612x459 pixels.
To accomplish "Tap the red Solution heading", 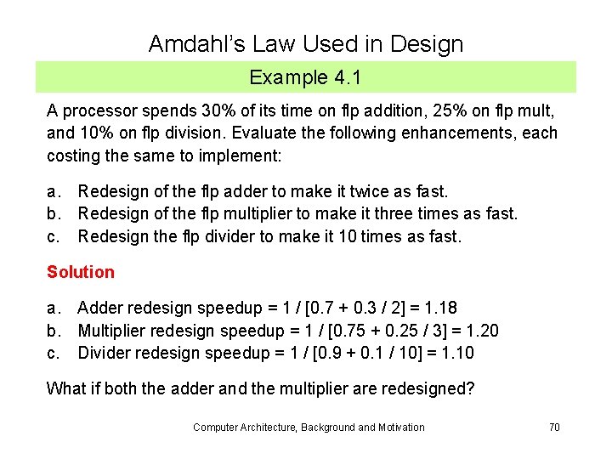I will coord(80,272).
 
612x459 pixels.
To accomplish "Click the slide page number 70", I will coord(554,427).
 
